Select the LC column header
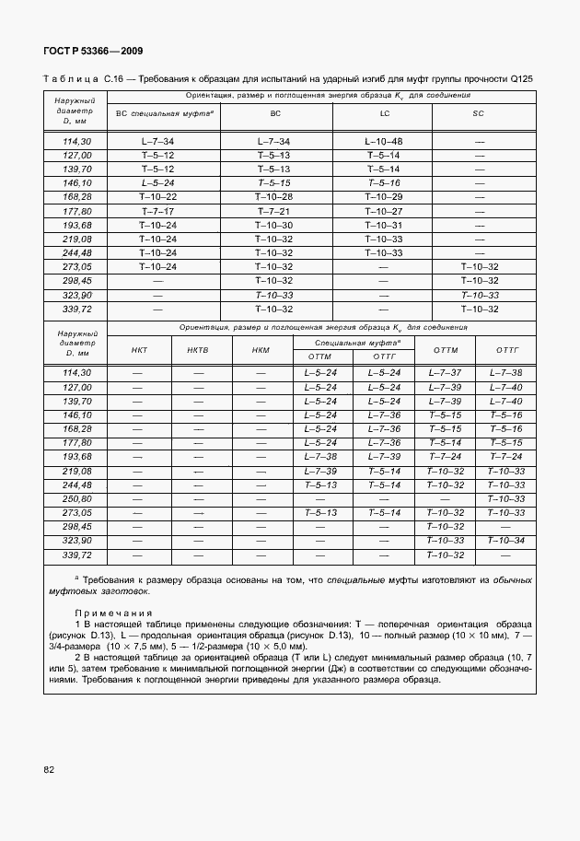point(384,114)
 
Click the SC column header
point(479,114)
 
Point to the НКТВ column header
point(198,350)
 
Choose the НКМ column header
point(261,350)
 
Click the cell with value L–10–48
point(384,142)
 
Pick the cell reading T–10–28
point(274,197)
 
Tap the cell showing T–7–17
point(157,211)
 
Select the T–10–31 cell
point(384,225)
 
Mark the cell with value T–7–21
point(274,211)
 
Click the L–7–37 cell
point(444,373)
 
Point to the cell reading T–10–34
point(505,540)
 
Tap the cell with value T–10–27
point(384,211)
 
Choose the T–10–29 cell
point(384,197)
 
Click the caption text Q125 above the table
point(520,79)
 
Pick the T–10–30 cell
point(274,225)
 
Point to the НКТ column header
point(139,350)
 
